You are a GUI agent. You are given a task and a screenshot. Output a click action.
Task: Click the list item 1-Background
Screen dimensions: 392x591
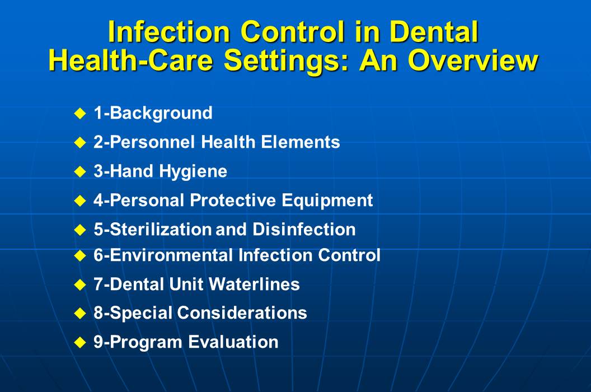point(153,113)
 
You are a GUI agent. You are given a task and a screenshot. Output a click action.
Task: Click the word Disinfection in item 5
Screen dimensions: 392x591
point(304,229)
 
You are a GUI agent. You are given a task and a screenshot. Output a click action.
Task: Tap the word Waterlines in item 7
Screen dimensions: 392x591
point(255,284)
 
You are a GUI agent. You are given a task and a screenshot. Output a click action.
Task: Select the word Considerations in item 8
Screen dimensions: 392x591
point(242,312)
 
